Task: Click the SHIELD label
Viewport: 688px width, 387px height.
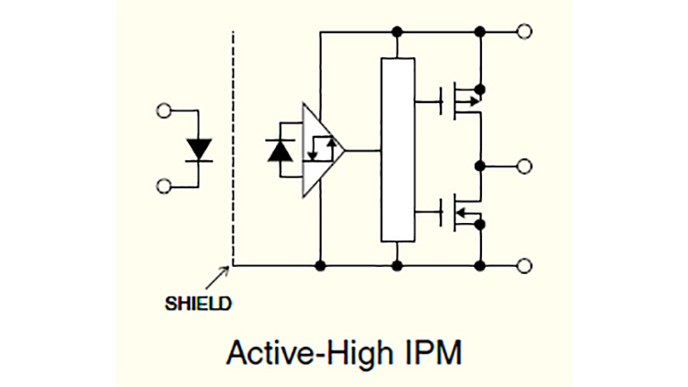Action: pyautogui.click(x=198, y=304)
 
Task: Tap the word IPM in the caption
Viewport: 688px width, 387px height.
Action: pyautogui.click(x=431, y=352)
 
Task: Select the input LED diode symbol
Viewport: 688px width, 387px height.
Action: pyautogui.click(x=198, y=149)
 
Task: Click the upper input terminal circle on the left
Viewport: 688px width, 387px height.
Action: pyautogui.click(x=164, y=112)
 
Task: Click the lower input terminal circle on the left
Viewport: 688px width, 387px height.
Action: pyautogui.click(x=164, y=185)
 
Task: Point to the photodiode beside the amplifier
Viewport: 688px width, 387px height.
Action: pyautogui.click(x=280, y=150)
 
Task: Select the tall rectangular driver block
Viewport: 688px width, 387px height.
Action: pyautogui.click(x=398, y=150)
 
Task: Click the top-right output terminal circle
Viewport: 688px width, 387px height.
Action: pyautogui.click(x=525, y=31)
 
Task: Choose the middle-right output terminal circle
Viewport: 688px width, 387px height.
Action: pyautogui.click(x=525, y=166)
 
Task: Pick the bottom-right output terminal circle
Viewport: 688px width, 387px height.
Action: pyautogui.click(x=525, y=265)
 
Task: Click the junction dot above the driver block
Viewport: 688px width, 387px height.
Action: pyautogui.click(x=398, y=31)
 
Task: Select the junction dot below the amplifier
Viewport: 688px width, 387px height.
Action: pyautogui.click(x=321, y=265)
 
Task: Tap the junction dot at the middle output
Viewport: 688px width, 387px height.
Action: pyautogui.click(x=482, y=166)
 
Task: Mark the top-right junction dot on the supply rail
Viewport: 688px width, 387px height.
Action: pyautogui.click(x=482, y=31)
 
